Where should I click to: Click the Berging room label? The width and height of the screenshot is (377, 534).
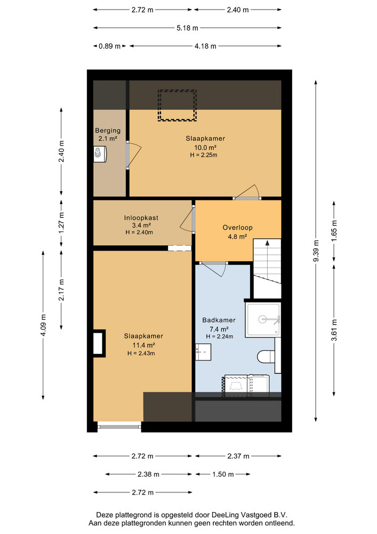(x=107, y=130)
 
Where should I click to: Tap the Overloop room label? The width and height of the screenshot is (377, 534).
(x=238, y=227)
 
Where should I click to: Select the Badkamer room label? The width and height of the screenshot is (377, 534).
(x=219, y=320)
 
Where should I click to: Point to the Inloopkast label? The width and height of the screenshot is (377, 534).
(x=141, y=218)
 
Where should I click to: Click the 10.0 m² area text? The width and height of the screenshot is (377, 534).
(x=205, y=147)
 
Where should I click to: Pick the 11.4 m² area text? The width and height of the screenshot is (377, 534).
(x=143, y=345)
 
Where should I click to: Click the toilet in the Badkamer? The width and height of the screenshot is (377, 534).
(x=266, y=356)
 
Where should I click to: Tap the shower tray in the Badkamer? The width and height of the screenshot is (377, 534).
(x=263, y=320)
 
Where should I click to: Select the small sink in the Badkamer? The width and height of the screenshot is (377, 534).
(x=203, y=352)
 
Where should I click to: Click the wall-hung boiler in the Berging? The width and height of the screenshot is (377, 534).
(x=100, y=154)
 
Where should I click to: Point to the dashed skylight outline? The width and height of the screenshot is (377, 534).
(x=177, y=105)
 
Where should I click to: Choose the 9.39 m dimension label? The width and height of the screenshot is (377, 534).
(x=316, y=251)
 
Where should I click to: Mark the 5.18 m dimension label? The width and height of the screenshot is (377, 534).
(x=187, y=28)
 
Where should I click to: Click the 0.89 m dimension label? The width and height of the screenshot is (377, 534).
(x=109, y=46)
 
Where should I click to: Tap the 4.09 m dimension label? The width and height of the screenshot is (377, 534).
(x=43, y=325)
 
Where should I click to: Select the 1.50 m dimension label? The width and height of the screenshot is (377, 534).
(x=223, y=474)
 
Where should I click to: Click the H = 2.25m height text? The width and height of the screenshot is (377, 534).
(x=204, y=155)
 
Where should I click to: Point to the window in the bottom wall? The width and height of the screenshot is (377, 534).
(x=119, y=425)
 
